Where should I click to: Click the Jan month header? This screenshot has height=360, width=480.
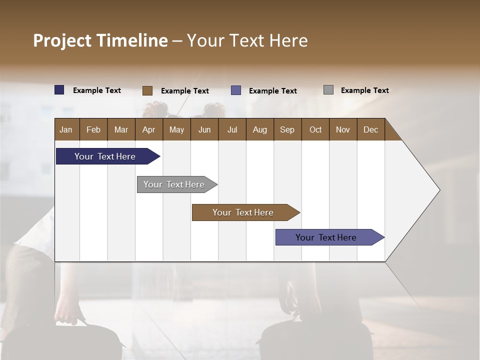pyautogui.click(x=66, y=129)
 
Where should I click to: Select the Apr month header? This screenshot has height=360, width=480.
pyautogui.click(x=149, y=129)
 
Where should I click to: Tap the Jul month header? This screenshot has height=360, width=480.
pyautogui.click(x=232, y=129)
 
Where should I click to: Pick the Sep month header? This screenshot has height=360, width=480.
pyautogui.click(x=287, y=129)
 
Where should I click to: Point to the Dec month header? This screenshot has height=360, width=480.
pyautogui.click(x=370, y=129)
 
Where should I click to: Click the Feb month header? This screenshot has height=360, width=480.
pyautogui.click(x=93, y=129)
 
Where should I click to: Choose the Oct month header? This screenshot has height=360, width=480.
pyautogui.click(x=315, y=129)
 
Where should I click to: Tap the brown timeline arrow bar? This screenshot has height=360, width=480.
pyautogui.click(x=243, y=212)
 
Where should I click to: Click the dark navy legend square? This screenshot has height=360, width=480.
pyautogui.click(x=59, y=90)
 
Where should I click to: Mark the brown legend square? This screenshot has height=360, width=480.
pyautogui.click(x=147, y=90)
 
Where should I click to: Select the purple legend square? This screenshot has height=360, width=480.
pyautogui.click(x=236, y=90)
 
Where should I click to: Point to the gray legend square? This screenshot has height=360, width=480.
pyautogui.click(x=328, y=90)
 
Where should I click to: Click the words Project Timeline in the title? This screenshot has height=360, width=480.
pyautogui.click(x=100, y=40)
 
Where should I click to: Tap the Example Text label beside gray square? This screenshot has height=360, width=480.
pyautogui.click(x=364, y=90)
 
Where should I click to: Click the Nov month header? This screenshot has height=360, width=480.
pyautogui.click(x=343, y=129)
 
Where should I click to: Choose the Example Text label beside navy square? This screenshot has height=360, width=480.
pyautogui.click(x=97, y=90)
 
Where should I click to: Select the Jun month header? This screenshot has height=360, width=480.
pyautogui.click(x=204, y=129)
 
